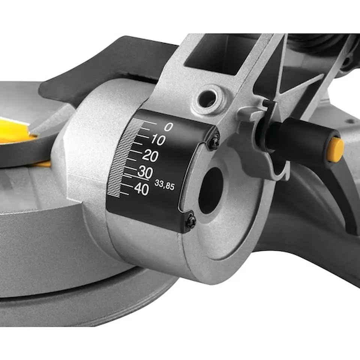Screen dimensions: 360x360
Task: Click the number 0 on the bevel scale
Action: pyautogui.click(x=169, y=127)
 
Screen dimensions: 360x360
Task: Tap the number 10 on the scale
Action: pyautogui.click(x=158, y=141)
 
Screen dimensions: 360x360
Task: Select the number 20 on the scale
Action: pyautogui.click(x=150, y=157)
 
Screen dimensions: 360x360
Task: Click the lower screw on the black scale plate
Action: pyautogui.click(x=191, y=221)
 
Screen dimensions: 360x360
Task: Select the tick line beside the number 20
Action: pyautogui.click(x=136, y=153)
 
